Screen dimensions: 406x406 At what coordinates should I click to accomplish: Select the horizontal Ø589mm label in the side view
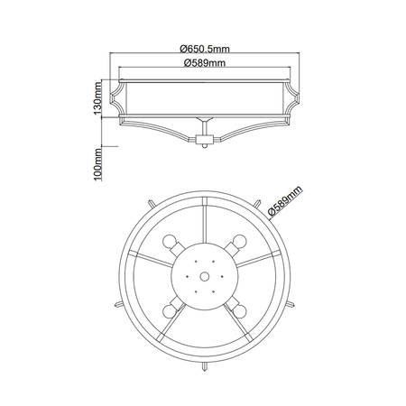point(204,63)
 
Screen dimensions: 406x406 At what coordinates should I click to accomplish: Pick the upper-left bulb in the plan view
point(172,244)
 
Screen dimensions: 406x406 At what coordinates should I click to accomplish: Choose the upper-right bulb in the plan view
point(237,244)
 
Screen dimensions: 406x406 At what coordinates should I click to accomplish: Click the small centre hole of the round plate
point(205,277)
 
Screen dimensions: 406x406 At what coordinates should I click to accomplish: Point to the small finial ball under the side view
point(204,142)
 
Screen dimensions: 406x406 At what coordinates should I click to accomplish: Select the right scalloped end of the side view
point(293,93)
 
